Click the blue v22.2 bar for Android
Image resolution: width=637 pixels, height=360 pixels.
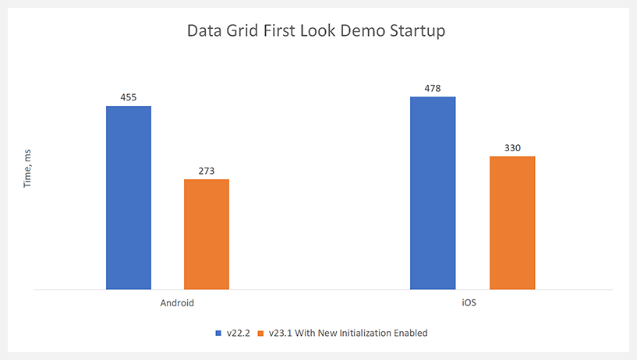coord(129,198)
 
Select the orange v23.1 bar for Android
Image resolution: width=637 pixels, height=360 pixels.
coord(207,235)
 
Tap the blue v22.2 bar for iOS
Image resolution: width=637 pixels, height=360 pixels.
coord(433,193)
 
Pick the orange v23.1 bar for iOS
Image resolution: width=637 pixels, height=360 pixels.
coord(512,223)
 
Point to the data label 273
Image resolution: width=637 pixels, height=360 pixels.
coord(207,171)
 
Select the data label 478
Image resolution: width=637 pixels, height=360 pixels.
coord(433,89)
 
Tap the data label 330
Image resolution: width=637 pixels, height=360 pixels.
coord(512,148)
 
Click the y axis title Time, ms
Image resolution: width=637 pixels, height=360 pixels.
coord(27,169)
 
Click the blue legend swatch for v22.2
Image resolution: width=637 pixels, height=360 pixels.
coord(218,334)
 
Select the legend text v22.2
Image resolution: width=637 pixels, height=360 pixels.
coord(237,334)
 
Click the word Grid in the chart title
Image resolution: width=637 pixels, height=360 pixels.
coord(243,33)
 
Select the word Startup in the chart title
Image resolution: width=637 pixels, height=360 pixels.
coord(418,33)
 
